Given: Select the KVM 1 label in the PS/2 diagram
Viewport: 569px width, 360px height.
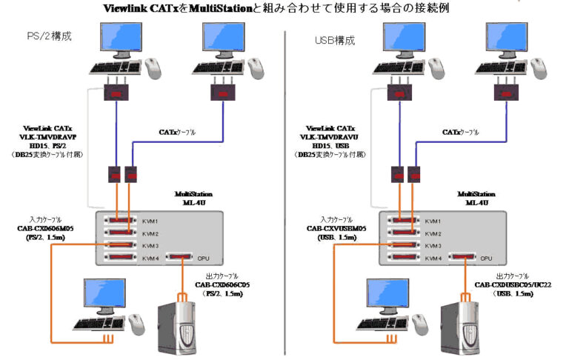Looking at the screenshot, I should pyautogui.click(x=150, y=221).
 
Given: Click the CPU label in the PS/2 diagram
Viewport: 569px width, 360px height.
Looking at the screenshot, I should pyautogui.click(x=203, y=259).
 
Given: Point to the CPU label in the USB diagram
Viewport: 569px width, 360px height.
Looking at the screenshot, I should pyautogui.click(x=486, y=259).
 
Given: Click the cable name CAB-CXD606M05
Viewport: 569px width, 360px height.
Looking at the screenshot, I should pyautogui.click(x=47, y=229).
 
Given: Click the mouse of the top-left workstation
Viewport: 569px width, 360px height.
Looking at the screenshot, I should pyautogui.click(x=154, y=69).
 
